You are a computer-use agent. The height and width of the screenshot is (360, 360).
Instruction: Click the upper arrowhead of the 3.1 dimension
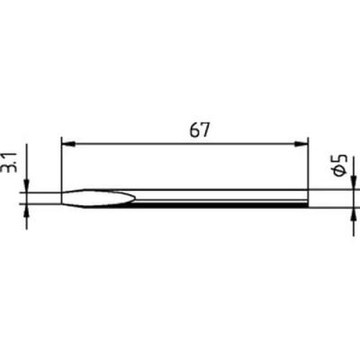[x=28, y=185]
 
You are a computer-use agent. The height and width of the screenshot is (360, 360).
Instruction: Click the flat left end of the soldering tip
[x=61, y=198]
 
